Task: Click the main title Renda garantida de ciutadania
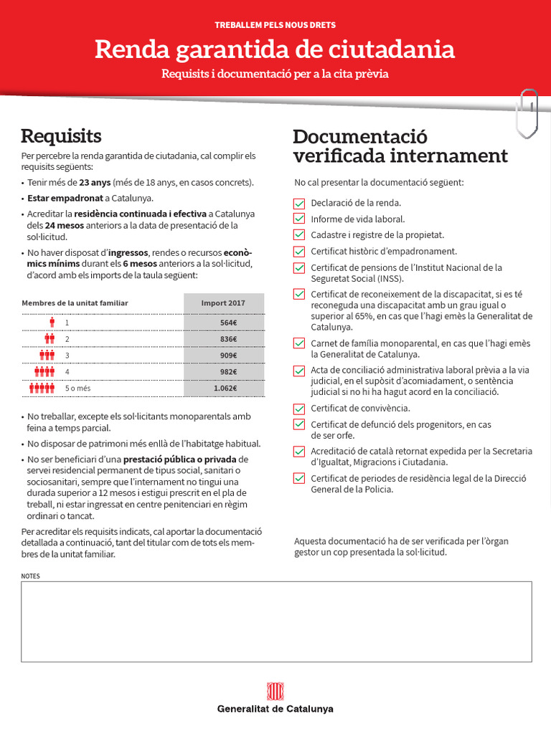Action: [275, 49]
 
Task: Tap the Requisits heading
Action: [61, 135]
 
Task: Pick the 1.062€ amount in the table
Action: [225, 389]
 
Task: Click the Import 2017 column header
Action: [223, 303]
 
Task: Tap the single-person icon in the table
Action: [51, 323]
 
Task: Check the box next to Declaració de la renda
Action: [299, 203]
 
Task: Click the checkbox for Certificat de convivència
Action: [299, 409]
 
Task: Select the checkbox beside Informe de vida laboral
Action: [299, 219]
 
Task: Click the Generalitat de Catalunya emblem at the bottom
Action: [275, 692]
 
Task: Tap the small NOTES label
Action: [31, 576]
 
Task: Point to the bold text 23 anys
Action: [95, 183]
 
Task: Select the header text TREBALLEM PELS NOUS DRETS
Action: [275, 25]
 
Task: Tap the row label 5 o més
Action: [78, 389]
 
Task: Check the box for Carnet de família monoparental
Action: [299, 343]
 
